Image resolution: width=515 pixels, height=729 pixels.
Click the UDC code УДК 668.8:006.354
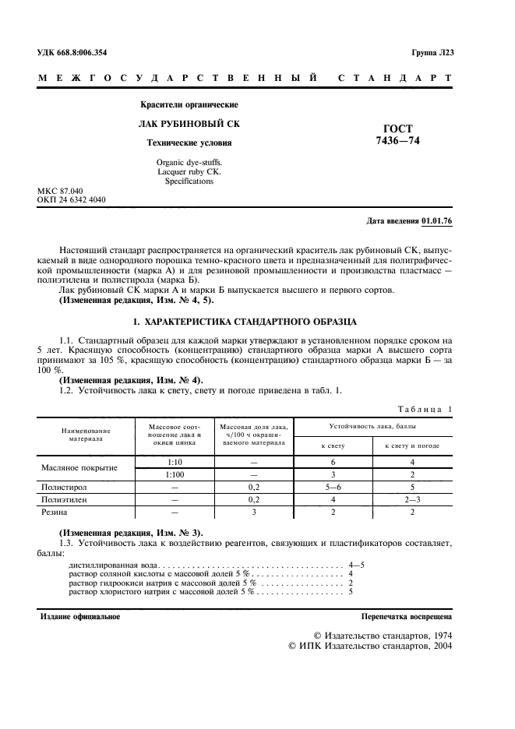click(72, 52)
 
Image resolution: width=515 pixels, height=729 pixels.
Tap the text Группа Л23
click(432, 52)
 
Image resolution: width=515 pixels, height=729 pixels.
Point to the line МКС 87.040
click(60, 191)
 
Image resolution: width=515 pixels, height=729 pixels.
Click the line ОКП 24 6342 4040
click(72, 200)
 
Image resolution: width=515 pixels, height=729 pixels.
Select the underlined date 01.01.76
click(436, 221)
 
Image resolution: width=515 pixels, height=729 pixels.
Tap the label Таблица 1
click(425, 409)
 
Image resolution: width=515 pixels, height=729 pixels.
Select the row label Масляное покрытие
click(79, 468)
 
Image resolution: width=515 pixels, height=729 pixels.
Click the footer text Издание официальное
click(79, 616)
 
